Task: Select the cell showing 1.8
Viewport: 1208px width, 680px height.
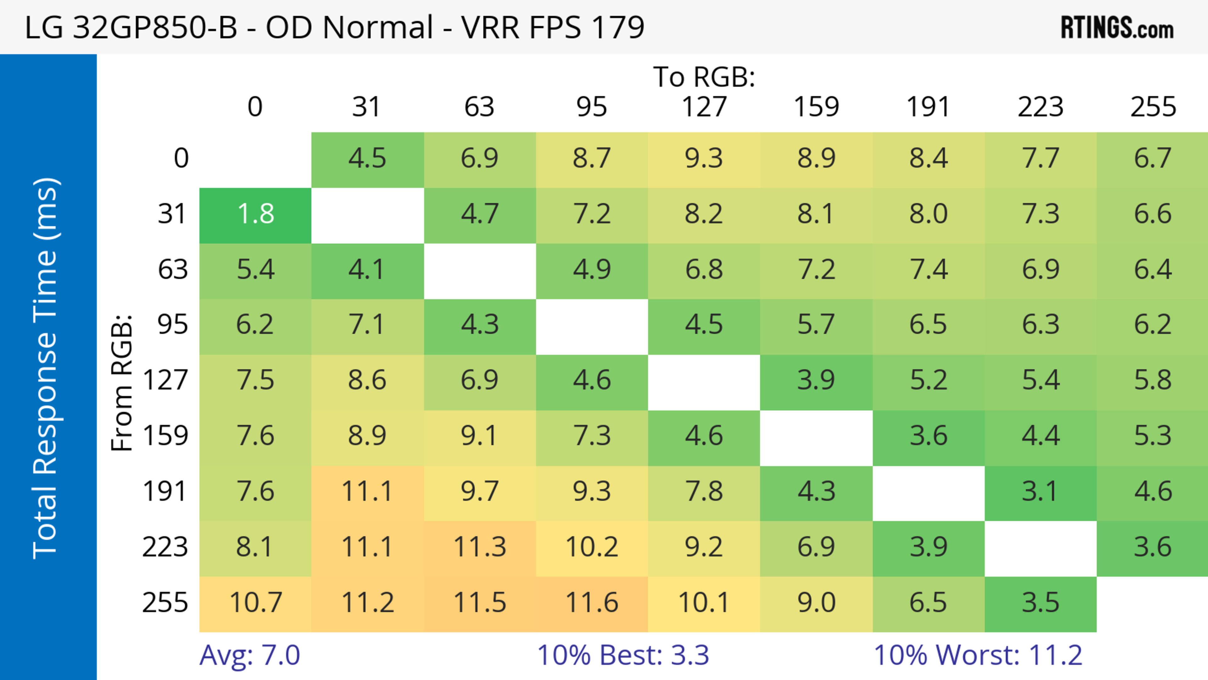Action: tap(255, 214)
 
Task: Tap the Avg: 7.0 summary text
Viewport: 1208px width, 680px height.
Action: tap(249, 655)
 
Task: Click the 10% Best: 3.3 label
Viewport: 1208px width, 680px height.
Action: tap(623, 655)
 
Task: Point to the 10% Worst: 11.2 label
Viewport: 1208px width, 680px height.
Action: tap(978, 655)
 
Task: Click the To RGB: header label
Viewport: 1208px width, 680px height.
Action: tap(704, 77)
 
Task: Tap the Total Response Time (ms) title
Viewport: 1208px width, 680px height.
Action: tap(46, 368)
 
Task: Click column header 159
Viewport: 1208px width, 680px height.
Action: tap(816, 107)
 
